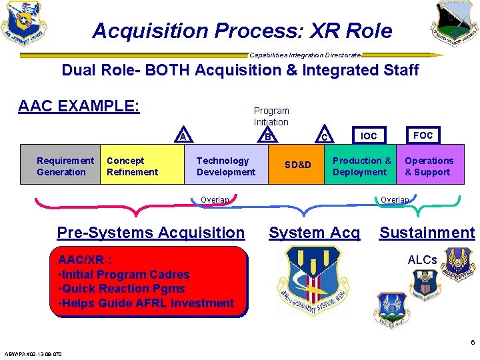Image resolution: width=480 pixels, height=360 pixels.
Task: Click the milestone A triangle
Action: click(183, 135)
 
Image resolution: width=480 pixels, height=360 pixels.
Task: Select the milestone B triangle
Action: click(267, 135)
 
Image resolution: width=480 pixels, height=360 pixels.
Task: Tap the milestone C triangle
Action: click(323, 136)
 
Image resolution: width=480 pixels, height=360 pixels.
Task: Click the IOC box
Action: click(369, 135)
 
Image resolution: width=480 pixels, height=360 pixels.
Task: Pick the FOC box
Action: click(423, 135)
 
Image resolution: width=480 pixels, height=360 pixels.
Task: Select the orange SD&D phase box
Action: click(297, 165)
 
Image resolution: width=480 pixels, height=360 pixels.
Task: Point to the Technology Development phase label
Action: click(226, 166)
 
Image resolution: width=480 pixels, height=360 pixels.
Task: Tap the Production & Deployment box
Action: click(361, 166)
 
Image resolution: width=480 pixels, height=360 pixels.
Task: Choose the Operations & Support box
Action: click(429, 166)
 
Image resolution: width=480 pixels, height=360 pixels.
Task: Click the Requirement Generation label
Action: click(65, 166)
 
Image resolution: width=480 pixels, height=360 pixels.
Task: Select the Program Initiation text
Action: click(271, 116)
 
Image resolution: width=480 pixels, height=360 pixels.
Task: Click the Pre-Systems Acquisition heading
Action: click(151, 233)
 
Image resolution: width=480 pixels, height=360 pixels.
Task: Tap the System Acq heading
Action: click(314, 233)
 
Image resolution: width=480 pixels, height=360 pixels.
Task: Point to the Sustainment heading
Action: click(427, 233)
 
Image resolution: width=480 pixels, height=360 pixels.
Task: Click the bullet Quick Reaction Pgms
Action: click(122, 289)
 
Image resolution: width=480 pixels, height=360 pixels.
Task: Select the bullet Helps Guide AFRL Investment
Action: click(146, 303)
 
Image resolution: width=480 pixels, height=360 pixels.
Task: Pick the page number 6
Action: click(473, 343)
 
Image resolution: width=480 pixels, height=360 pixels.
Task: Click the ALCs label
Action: click(422, 259)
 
